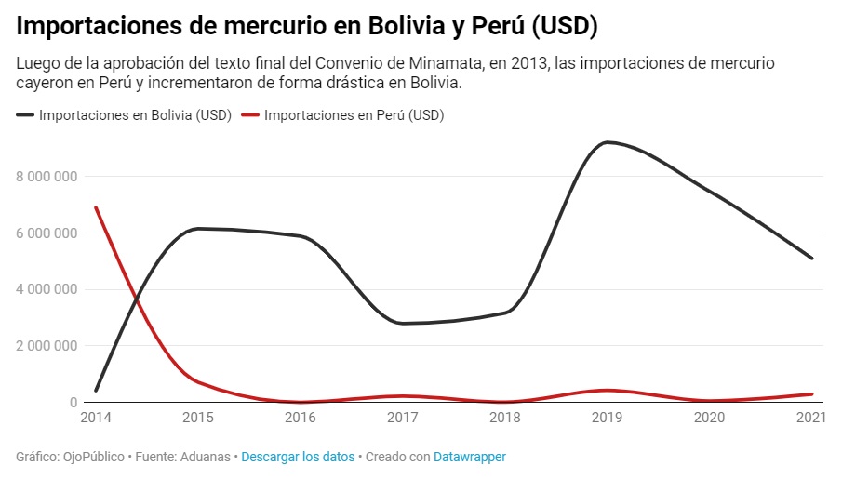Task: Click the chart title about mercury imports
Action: pos(307,26)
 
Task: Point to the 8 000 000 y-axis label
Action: pos(46,176)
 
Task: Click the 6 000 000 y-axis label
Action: pos(46,233)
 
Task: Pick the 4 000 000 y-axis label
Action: pos(46,289)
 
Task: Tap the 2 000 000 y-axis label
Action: pos(46,346)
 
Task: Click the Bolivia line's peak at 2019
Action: pos(607,142)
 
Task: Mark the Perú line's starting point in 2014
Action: pos(96,207)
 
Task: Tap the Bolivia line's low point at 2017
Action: pos(402,323)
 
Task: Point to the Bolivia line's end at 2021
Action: pos(811,258)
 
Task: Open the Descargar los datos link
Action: pos(298,457)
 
